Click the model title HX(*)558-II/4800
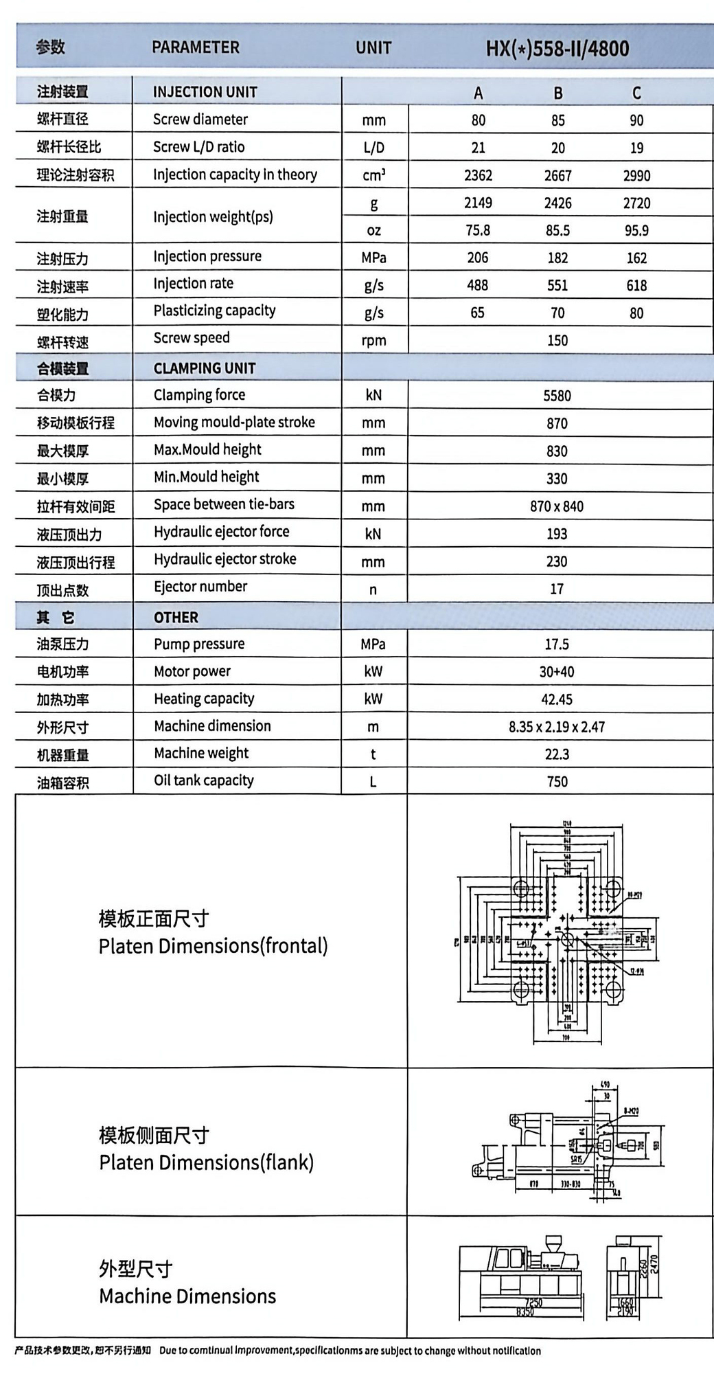[x=557, y=48]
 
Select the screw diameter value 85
[x=557, y=120]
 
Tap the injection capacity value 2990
[x=636, y=175]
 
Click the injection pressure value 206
[x=478, y=258]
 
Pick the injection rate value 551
[x=557, y=285]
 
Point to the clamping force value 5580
[x=557, y=396]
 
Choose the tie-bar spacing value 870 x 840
[x=557, y=506]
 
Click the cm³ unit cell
[x=373, y=175]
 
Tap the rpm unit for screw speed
[x=373, y=341]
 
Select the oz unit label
[x=373, y=230]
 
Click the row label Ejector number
[x=200, y=587]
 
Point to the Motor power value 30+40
[x=557, y=672]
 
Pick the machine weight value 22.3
[x=557, y=754]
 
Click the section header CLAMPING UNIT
[x=205, y=368]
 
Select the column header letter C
[x=636, y=93]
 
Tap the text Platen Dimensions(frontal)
[x=214, y=946]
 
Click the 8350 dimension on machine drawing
[x=525, y=1312]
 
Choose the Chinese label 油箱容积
[x=62, y=782]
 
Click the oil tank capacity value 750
[x=557, y=782]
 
